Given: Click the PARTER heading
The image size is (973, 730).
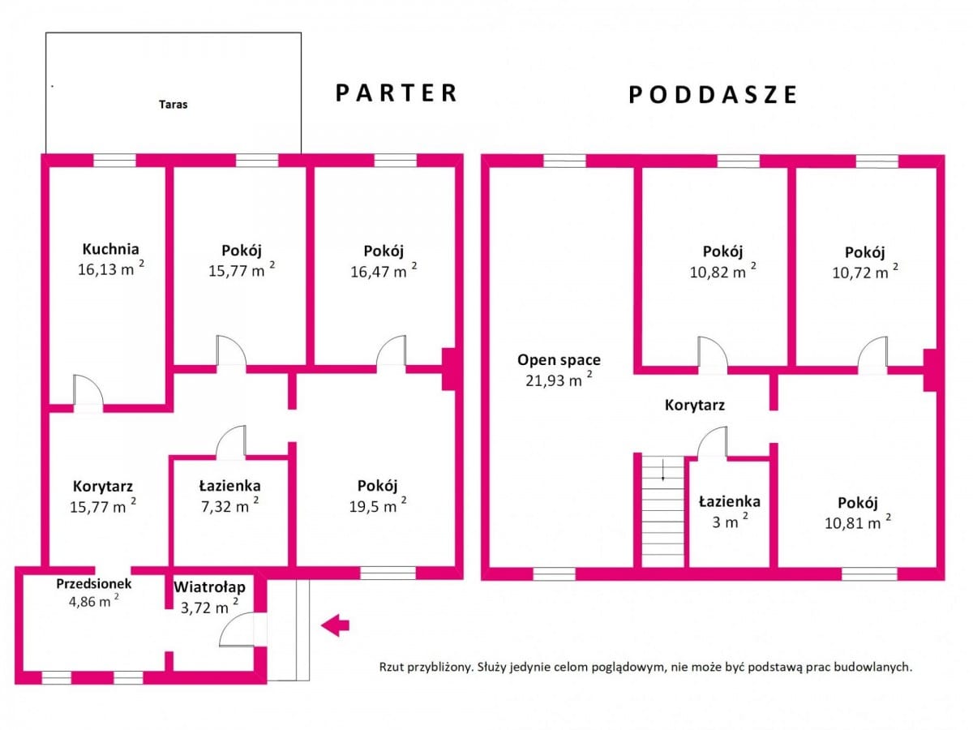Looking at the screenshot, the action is coord(396,93).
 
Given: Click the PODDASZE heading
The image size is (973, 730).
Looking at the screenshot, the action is coord(714,95).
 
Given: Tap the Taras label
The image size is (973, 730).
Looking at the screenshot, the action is coord(174,105).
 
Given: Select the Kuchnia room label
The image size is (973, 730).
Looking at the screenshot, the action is coord(111,249).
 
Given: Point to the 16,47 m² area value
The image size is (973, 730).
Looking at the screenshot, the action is coord(384,270).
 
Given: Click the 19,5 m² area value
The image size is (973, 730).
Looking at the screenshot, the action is coord(378,505).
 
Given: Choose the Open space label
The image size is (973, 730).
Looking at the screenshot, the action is coord(559,360).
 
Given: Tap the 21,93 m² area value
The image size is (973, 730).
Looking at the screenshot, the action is coord(559,380).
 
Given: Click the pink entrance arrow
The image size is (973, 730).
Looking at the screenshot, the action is coord(335,625).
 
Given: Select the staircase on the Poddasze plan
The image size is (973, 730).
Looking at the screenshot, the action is coord(663,511).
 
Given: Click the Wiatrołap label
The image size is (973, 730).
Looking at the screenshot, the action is coord(209,587).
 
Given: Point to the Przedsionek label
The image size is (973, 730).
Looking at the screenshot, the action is coord(94,584).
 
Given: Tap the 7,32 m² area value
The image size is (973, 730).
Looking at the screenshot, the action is coord(230,505).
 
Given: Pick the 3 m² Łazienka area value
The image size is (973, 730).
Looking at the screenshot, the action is coord(730,522).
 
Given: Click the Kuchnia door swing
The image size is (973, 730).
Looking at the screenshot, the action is coord(88,389).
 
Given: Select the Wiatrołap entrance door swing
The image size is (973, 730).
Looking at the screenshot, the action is coord(237,629).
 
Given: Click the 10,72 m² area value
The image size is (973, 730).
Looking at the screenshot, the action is coord(865,271).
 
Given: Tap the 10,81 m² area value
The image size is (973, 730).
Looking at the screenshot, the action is coord(858,522).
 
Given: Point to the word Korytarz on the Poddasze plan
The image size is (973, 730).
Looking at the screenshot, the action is coord(695,405).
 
